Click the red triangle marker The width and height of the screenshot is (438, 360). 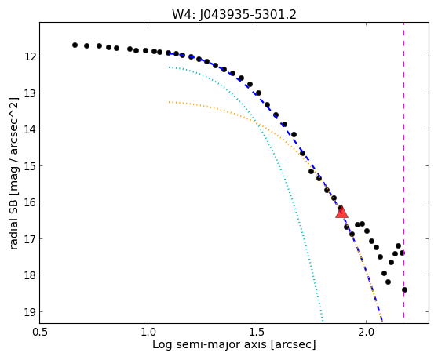click(341, 213)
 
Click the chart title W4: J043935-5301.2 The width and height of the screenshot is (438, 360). click(234, 15)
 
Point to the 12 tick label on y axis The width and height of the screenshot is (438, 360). click(30, 56)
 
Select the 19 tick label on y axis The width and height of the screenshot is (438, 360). click(30, 312)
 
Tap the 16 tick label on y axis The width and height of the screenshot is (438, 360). click(30, 202)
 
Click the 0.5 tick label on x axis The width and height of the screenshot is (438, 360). click(40, 332)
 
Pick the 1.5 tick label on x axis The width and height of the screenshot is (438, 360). click(257, 332)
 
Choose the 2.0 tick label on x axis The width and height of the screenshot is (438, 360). click(366, 332)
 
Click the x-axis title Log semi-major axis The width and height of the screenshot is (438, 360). click(210, 345)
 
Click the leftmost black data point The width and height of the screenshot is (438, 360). click(75, 45)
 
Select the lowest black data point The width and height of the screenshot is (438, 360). click(404, 289)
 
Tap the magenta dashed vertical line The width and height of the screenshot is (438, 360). click(403, 170)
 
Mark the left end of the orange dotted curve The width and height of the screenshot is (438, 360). click(169, 102)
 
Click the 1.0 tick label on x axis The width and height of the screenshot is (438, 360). click(148, 332)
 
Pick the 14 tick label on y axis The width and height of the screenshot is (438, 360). click(30, 129)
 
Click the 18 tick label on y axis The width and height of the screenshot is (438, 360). click(30, 276)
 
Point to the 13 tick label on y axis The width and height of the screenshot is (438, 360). click(30, 93)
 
